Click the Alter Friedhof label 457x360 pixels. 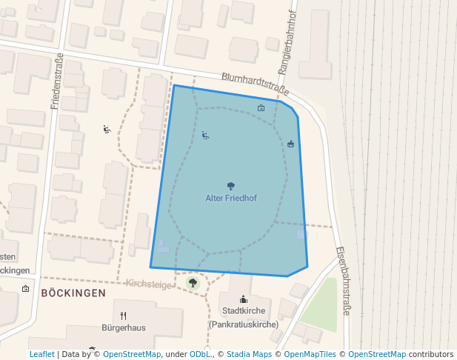point(230,199)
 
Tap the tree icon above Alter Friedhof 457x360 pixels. point(231,186)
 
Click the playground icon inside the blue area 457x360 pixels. point(205,136)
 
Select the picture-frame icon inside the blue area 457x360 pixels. point(261,108)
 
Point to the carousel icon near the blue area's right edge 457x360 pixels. point(290,144)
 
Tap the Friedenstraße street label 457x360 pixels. point(57,81)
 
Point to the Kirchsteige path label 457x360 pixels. point(149,284)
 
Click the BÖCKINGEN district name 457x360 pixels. point(73,293)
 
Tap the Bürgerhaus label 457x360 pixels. point(124,327)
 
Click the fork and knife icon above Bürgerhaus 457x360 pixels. point(124,315)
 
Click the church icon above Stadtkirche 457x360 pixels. point(243,300)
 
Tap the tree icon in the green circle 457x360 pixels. point(193,282)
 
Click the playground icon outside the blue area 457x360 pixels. point(107,130)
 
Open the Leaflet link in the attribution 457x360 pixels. point(42,354)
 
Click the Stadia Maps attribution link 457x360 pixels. point(249,354)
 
